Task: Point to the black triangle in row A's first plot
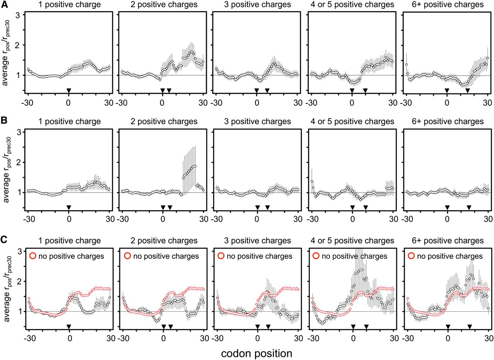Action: pos(69,90)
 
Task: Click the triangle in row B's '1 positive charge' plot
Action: pos(69,207)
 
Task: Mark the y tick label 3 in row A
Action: pos(18,15)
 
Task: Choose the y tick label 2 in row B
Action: pos(18,162)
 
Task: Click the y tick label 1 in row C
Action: pos(18,311)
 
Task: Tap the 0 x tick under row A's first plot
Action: pos(69,103)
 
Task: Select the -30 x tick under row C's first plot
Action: pos(27,338)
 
